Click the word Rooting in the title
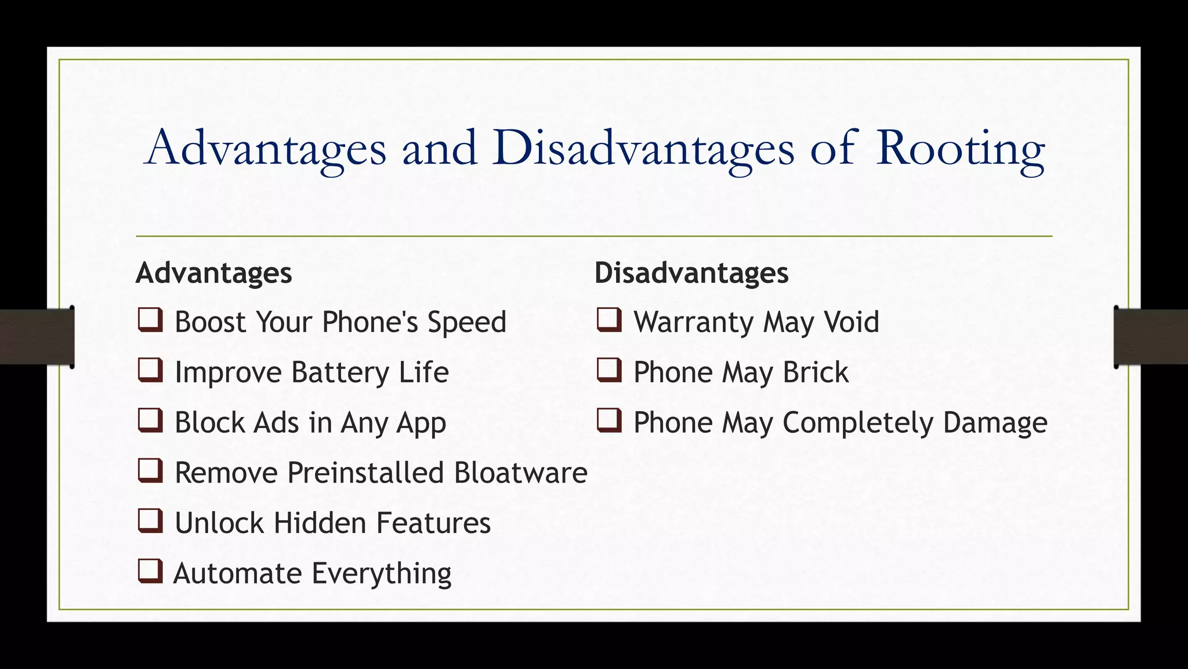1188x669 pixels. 960,149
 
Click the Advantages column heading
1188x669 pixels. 213,273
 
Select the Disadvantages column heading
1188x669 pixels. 691,273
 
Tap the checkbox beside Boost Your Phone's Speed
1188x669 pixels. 150,320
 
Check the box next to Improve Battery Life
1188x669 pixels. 150,371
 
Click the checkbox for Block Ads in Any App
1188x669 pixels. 150,420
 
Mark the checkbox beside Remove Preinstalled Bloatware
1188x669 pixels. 150,471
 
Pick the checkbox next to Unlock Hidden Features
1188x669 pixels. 150,521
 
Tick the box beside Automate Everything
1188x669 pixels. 150,571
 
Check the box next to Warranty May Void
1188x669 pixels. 609,320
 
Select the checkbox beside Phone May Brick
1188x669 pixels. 609,371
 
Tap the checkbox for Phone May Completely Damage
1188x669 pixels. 609,420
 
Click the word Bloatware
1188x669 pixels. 520,473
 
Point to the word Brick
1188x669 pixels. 815,372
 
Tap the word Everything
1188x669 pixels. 381,574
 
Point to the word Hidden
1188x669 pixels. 320,523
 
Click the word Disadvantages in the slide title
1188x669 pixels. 644,149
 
